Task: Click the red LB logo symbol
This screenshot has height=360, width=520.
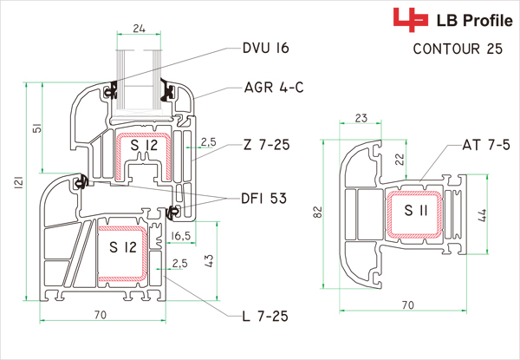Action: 404,18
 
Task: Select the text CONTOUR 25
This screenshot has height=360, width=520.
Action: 458,49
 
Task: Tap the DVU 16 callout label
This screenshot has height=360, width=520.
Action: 265,48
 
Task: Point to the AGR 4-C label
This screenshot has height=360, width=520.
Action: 273,87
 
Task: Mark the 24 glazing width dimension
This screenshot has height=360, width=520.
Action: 138,27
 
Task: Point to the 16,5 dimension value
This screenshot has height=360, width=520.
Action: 181,236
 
